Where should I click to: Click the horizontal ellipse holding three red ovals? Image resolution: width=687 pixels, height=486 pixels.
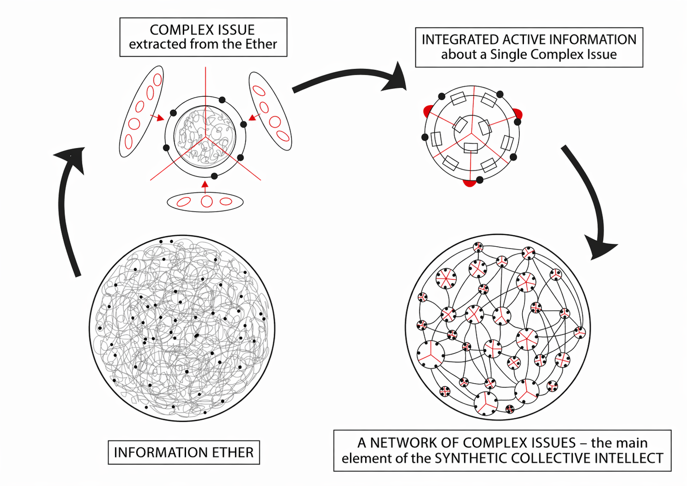tap(205, 202)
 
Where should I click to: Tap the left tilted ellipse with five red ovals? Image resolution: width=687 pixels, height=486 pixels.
tap(141, 111)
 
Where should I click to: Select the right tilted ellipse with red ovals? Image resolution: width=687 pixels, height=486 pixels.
tap(270, 111)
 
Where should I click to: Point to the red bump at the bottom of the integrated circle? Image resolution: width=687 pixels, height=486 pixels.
tap(469, 183)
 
